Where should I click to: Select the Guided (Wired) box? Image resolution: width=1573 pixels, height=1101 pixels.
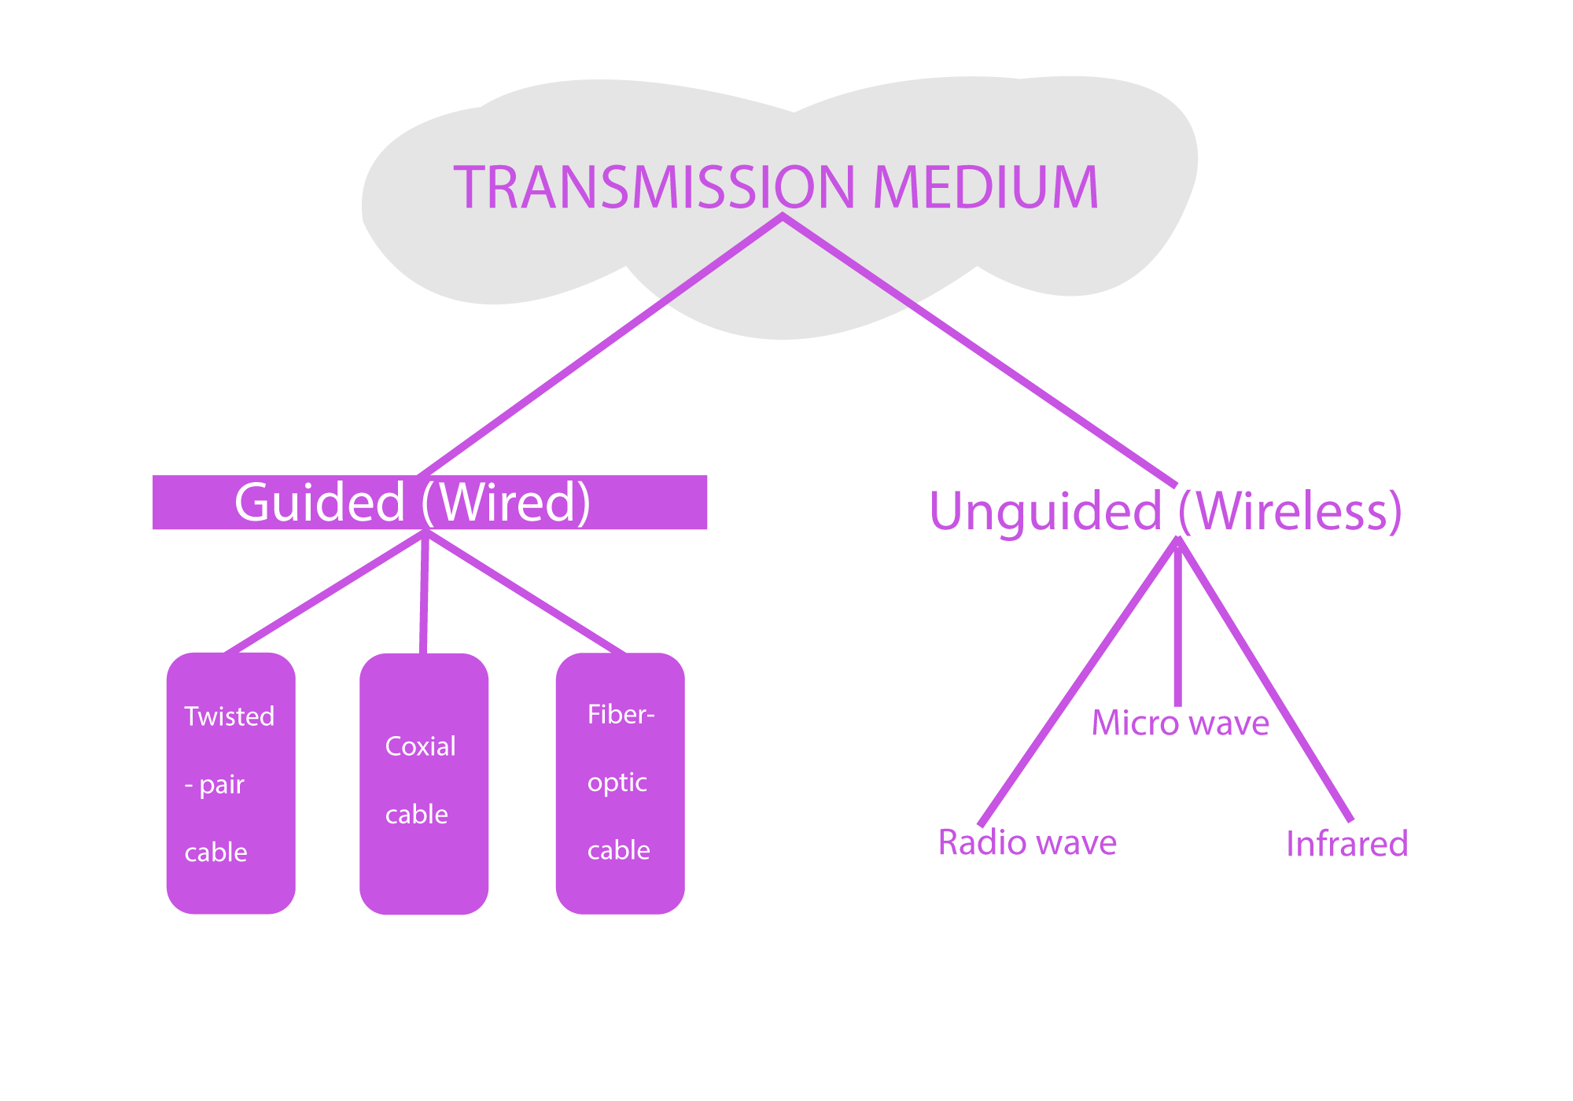429,503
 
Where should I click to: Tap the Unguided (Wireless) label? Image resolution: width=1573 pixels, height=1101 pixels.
1166,511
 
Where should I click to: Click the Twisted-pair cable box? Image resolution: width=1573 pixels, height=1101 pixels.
230,783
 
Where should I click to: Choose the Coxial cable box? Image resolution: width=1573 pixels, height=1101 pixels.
424,783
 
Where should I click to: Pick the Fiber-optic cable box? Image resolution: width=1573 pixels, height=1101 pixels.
620,783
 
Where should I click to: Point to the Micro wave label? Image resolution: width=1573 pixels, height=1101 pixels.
1180,724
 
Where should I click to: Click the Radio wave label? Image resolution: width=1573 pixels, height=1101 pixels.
1027,843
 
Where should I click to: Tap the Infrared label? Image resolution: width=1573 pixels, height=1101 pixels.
1346,844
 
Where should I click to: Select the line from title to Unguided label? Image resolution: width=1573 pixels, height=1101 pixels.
979,350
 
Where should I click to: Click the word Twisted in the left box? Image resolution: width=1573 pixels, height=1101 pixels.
229,716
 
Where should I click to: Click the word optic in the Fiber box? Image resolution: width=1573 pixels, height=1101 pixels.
617,782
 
